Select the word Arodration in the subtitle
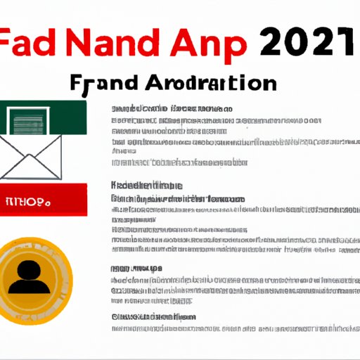(x=214, y=84)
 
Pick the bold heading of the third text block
(x=136, y=268)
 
